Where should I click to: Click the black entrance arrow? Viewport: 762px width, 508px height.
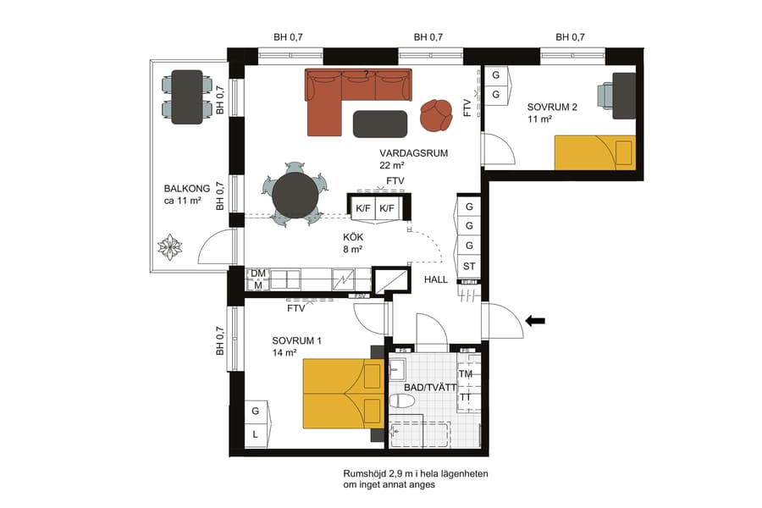[x=536, y=320]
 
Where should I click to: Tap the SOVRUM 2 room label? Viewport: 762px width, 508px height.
[x=552, y=108]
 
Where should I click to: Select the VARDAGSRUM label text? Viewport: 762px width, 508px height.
[x=413, y=153]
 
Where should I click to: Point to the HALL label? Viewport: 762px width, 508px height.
[x=436, y=279]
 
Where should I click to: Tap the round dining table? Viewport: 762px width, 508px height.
[x=295, y=195]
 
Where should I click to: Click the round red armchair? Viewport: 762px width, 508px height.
[x=436, y=115]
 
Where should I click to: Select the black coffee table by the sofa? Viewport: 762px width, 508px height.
[x=379, y=123]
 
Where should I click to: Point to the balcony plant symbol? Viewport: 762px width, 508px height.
[x=170, y=247]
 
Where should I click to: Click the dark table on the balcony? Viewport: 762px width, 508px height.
[x=187, y=97]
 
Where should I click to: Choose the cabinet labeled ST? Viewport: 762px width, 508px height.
[x=469, y=266]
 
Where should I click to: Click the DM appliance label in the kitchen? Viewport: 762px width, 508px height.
[x=258, y=273]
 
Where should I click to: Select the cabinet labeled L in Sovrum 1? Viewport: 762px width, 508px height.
[x=255, y=435]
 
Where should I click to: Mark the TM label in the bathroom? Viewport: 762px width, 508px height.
[x=466, y=373]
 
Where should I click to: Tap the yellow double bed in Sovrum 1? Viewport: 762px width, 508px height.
[x=342, y=392]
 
